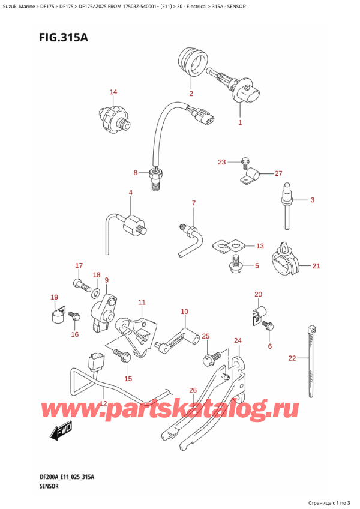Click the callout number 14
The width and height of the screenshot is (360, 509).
coord(113,92)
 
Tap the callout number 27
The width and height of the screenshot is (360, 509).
coord(278,173)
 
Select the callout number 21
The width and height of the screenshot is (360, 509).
coord(316,265)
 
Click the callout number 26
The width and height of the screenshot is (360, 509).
coord(193,391)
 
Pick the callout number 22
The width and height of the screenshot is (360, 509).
coord(292,358)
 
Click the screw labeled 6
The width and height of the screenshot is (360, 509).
coord(268,325)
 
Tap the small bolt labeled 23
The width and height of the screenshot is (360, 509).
coord(244,161)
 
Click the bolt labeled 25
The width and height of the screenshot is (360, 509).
coord(210,359)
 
